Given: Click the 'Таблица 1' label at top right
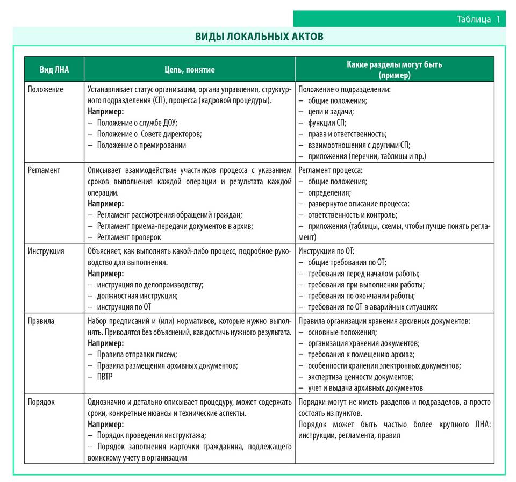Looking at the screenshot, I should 478,19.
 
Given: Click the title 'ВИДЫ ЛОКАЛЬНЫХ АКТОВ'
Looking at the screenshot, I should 259,37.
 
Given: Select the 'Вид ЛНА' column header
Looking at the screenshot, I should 54,69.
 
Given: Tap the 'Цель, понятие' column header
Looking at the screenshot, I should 189,69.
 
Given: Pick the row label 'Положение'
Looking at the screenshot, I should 46,89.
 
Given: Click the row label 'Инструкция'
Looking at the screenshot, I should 46,251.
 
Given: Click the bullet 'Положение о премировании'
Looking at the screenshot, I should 141,145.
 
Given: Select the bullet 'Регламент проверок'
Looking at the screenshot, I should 128,237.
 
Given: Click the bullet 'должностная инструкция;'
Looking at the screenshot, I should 137,296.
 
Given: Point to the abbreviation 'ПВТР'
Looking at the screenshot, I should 105,377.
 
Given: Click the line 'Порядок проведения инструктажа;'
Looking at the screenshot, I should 152,435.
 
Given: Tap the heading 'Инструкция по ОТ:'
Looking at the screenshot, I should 326,251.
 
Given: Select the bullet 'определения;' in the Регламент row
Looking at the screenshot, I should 329,192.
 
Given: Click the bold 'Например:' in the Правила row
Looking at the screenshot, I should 105,343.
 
